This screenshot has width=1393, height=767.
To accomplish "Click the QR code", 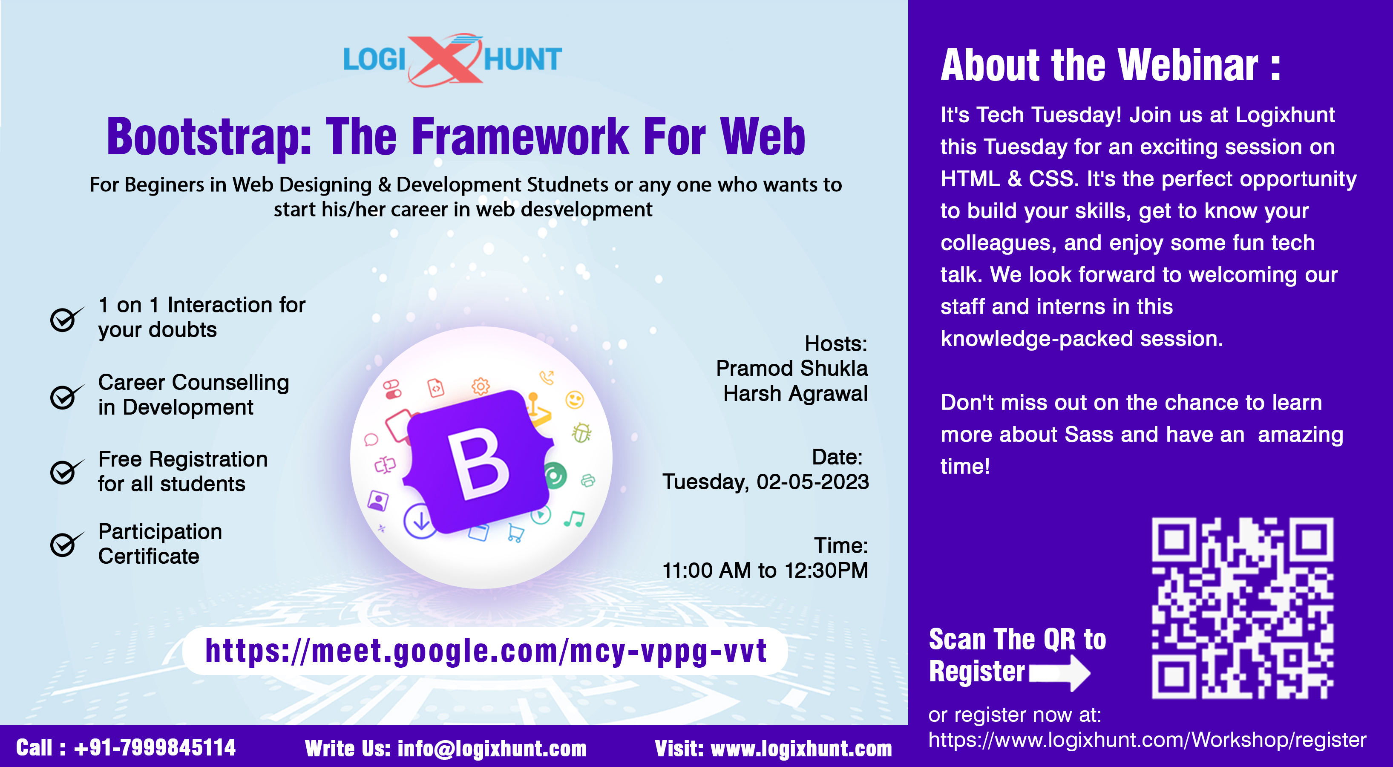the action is [x=1242, y=608].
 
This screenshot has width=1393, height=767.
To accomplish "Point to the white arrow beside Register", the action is [x=1059, y=673].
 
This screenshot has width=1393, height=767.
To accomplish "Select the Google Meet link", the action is [x=486, y=651].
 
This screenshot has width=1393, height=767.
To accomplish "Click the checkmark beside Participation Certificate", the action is [x=66, y=544].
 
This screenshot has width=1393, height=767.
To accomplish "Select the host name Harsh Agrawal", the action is [x=795, y=393].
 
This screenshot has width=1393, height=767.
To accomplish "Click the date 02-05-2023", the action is [x=813, y=482].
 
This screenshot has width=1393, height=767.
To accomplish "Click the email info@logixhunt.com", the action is [x=492, y=749].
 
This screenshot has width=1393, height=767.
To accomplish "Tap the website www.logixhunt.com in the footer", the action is [x=801, y=749].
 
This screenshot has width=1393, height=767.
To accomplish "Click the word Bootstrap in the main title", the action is [x=209, y=137].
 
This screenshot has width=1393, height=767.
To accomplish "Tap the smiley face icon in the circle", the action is [x=574, y=400].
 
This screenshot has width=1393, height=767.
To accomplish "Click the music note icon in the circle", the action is [x=574, y=519].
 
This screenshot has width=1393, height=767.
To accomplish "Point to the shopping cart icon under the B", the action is [x=515, y=533].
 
